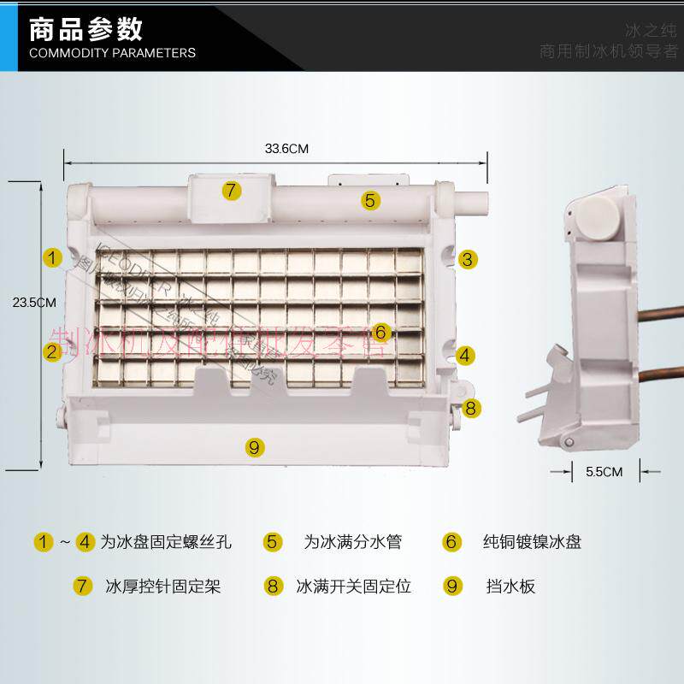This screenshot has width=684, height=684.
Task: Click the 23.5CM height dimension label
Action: click(35, 302)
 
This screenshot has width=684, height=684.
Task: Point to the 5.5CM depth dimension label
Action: click(604, 471)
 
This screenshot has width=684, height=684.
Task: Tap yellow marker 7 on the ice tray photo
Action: click(232, 191)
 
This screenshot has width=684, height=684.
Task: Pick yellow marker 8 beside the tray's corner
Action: click(471, 408)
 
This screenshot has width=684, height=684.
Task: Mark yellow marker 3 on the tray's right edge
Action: click(467, 260)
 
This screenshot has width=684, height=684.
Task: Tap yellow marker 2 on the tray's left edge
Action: click(53, 351)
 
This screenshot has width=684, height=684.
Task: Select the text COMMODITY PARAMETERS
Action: click(112, 53)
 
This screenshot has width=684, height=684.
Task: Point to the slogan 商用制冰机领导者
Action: click(608, 51)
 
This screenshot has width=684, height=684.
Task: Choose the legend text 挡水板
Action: click(510, 587)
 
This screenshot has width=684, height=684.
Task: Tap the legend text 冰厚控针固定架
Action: click(163, 587)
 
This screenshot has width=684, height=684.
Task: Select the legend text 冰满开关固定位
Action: click(354, 587)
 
